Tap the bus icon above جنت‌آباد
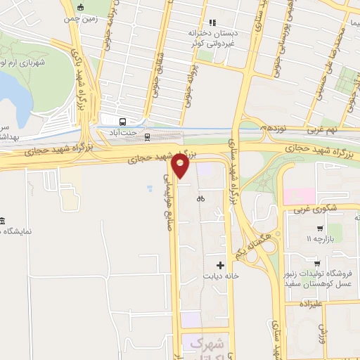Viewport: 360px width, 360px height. coord(123,120)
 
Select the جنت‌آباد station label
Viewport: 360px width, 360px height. coord(123,131)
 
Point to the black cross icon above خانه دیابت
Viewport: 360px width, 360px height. coord(221,266)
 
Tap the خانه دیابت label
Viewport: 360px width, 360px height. coord(221,276)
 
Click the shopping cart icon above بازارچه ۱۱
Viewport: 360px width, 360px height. coord(321,229)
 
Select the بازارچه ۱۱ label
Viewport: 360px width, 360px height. coord(317,240)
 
